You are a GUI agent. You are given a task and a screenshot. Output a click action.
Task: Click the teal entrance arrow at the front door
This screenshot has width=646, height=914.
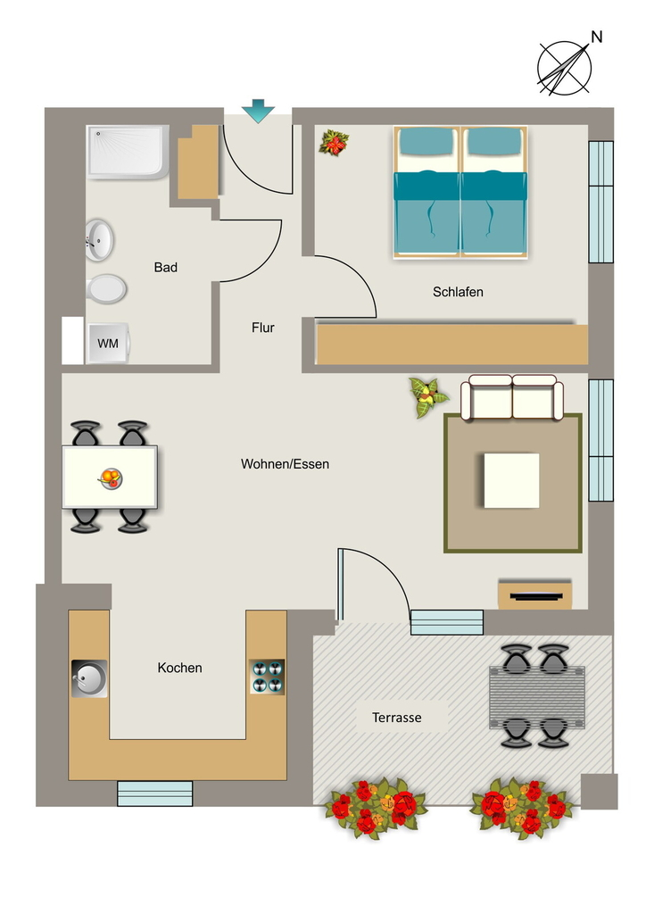258,111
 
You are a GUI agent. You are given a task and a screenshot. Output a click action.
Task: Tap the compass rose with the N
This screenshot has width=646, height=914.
565,68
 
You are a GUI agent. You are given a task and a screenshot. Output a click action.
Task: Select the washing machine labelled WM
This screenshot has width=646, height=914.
108,344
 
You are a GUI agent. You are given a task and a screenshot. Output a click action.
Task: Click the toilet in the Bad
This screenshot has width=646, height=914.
106,288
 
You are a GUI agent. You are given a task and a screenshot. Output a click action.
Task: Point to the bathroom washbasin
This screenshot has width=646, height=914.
99,239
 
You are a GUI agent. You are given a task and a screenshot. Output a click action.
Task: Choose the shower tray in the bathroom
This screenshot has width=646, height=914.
128,152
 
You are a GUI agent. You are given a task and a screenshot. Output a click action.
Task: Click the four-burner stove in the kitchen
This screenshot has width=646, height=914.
268,677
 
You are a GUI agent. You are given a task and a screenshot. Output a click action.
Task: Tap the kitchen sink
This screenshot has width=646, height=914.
89,678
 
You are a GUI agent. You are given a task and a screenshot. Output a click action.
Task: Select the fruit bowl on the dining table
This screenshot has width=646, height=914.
110,478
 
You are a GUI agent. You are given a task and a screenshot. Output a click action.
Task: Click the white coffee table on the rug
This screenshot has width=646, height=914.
511,481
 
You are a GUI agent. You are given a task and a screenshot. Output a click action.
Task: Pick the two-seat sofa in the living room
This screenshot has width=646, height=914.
512,397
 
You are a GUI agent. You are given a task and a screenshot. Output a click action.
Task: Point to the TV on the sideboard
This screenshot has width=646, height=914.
536,596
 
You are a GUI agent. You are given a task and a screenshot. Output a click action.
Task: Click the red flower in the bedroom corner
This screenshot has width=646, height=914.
334,143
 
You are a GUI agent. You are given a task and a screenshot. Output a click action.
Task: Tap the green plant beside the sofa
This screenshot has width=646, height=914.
428,397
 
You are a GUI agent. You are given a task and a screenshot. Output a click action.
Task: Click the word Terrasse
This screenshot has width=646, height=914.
397,718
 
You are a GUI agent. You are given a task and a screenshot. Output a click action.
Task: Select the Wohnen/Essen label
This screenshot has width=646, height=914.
285,464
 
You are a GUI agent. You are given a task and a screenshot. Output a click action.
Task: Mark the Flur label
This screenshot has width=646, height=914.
262,328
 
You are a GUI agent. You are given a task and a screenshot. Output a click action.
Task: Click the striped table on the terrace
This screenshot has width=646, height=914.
536,697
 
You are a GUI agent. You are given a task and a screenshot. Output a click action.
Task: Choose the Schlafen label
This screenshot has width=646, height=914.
458,292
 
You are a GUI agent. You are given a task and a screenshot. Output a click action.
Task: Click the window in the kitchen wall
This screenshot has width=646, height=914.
155,794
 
